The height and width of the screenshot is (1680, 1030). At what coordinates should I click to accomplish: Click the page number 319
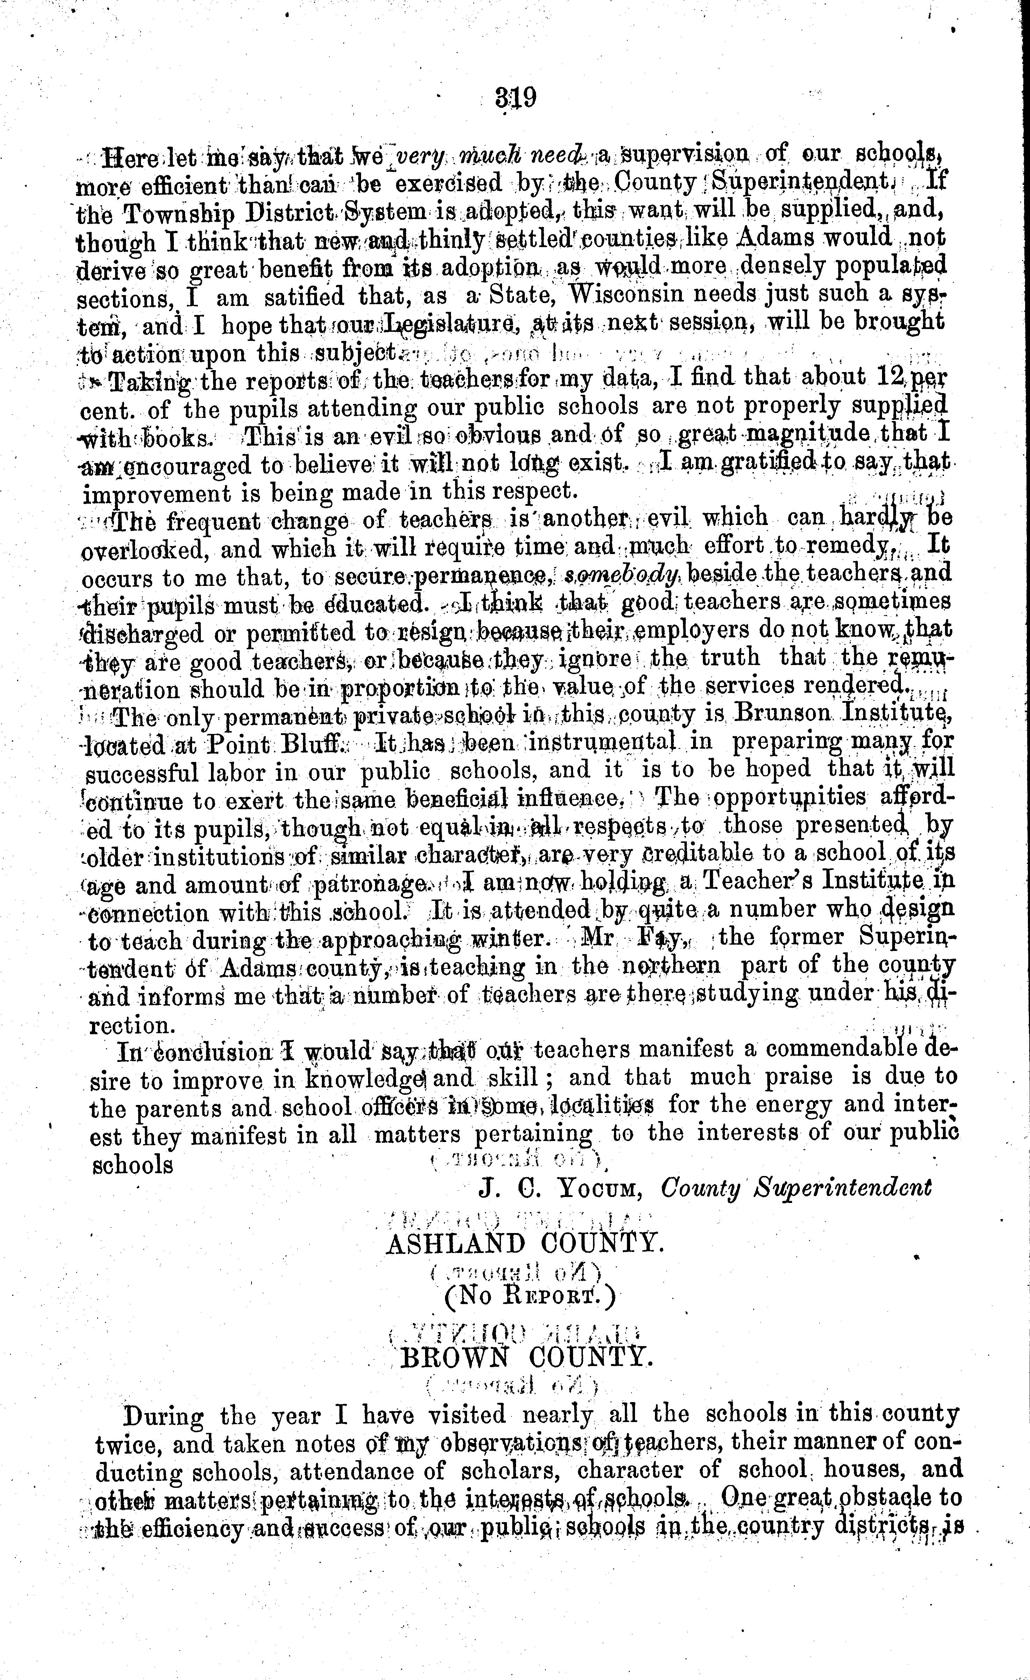(x=517, y=98)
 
